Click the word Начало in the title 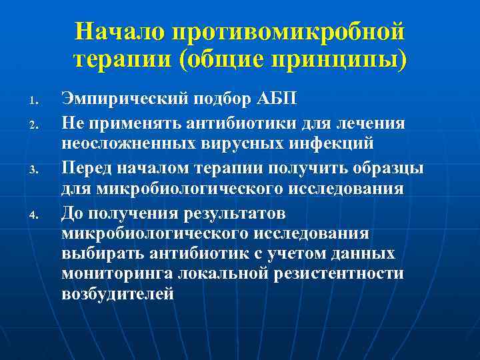pyautogui.click(x=119, y=31)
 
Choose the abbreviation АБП pyautogui.click(x=271, y=100)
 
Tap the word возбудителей pyautogui.click(x=118, y=294)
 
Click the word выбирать pyautogui.click(x=107, y=254)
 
